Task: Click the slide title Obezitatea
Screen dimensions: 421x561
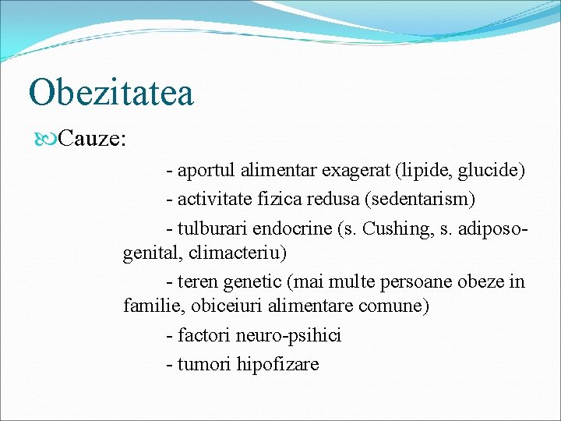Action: pyautogui.click(x=111, y=92)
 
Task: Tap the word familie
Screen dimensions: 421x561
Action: pyautogui.click(x=150, y=306)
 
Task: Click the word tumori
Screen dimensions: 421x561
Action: pyautogui.click(x=204, y=364)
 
